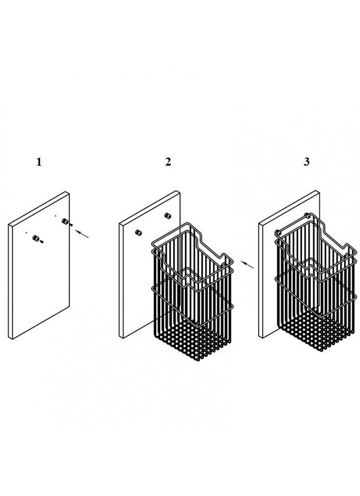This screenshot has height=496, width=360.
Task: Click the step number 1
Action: pos(39,162)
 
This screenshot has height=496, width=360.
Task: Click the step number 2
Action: pos(168,162)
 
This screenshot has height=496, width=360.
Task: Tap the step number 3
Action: pos(306,162)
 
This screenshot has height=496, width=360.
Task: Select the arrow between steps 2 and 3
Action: pos(247,264)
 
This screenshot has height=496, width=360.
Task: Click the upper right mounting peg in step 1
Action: pos(65,221)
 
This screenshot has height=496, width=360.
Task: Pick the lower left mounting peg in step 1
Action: pos(36,238)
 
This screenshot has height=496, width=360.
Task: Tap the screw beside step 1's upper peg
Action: pos(71,225)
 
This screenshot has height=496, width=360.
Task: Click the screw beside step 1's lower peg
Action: pos(42,242)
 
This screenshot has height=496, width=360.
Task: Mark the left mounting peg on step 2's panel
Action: pos(138,233)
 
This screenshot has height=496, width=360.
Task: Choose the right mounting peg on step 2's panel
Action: pos(168,216)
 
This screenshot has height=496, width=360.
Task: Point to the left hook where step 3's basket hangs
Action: pos(277,232)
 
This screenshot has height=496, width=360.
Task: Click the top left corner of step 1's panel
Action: pos(8,224)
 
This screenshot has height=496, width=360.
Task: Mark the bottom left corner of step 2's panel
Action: pos(120,338)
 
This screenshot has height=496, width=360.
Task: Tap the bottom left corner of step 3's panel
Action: pos(259,337)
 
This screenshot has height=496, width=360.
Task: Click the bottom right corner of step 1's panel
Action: pos(69,306)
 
